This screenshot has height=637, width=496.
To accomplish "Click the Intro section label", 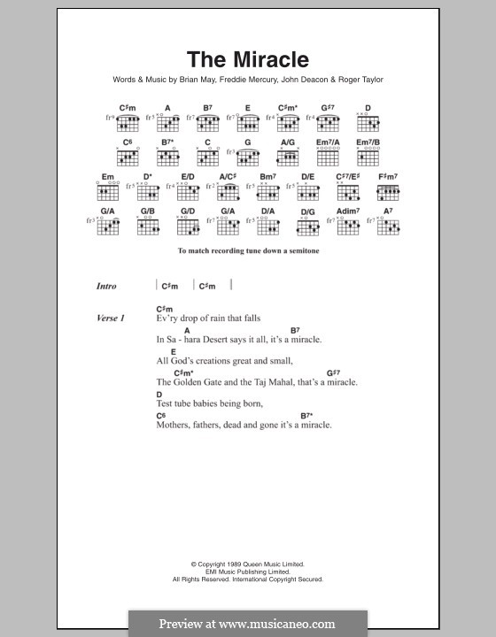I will coord(106,286).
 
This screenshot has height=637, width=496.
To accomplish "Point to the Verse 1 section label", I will coord(111,317).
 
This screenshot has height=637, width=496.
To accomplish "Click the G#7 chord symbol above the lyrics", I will coord(334,372).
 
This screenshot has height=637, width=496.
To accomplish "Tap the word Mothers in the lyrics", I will coord(174,425).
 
